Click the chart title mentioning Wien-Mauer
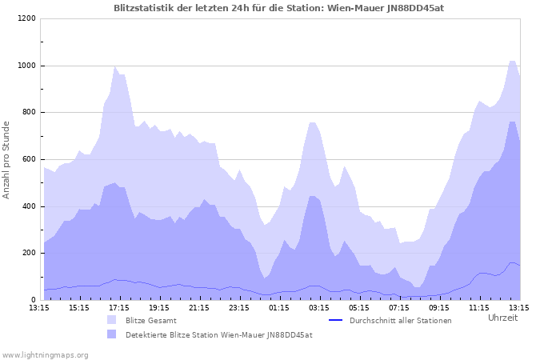[x=279, y=8]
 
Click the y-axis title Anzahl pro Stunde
[x=6, y=159]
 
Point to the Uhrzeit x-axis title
[x=502, y=318]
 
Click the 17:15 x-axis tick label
[x=119, y=306]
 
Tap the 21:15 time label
[x=199, y=306]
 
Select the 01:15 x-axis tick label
[x=279, y=306]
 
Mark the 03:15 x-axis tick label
[x=319, y=306]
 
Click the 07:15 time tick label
[x=399, y=306]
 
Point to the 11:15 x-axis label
[x=479, y=306]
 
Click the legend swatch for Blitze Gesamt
[x=112, y=320]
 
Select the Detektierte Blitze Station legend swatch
[x=112, y=334]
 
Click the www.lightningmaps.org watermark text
[x=45, y=354]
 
